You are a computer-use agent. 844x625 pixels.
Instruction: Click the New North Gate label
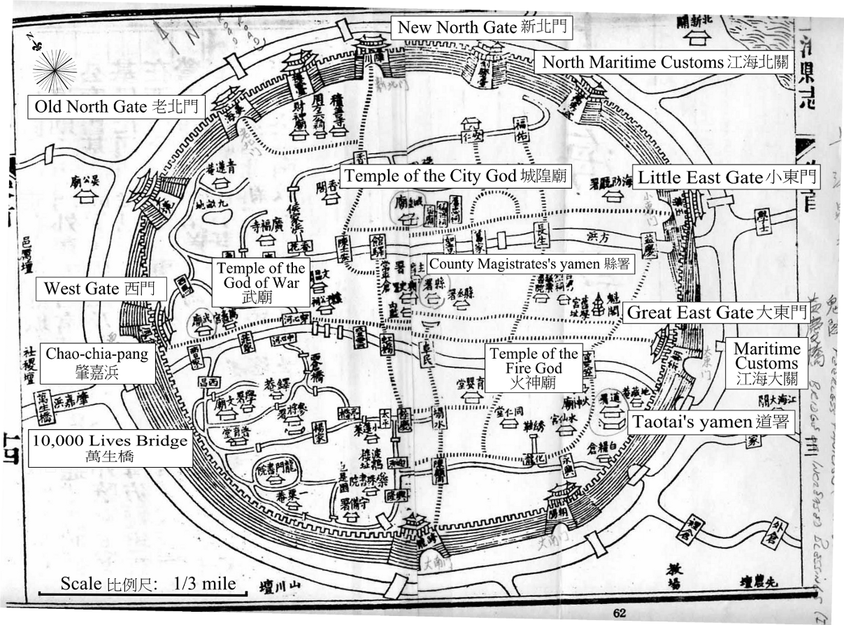click(x=482, y=27)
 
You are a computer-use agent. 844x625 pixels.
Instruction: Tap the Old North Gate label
click(x=115, y=107)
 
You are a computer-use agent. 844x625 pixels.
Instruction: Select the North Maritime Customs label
click(x=666, y=62)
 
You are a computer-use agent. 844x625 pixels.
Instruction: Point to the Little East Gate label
click(x=726, y=178)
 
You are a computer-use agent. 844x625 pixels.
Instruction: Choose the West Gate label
click(x=103, y=288)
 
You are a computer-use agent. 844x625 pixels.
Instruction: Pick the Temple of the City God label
click(x=456, y=176)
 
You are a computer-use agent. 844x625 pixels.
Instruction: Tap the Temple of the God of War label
click(x=261, y=282)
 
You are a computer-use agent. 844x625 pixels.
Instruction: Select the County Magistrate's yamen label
click(x=529, y=264)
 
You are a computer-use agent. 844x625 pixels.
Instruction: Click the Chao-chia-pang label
click(x=97, y=364)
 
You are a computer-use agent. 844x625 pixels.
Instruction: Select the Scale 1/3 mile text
click(x=148, y=583)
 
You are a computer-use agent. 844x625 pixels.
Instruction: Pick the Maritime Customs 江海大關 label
click(x=766, y=364)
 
